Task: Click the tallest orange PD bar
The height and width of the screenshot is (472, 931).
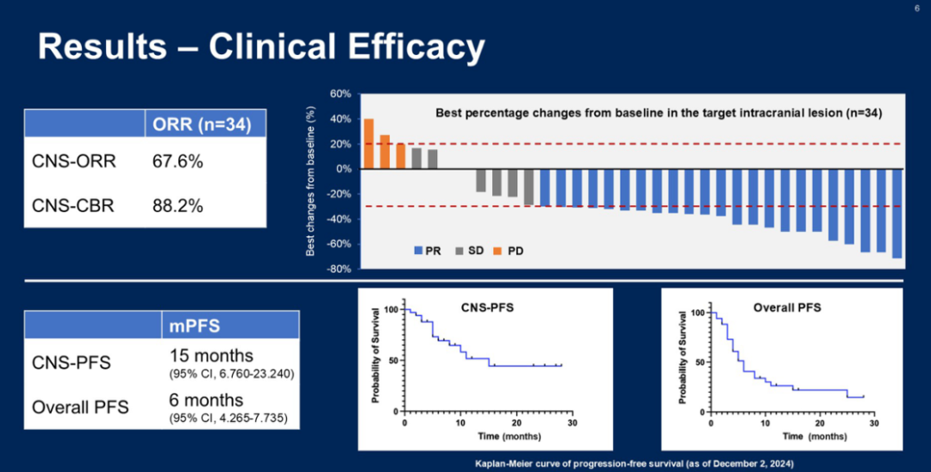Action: click(369, 144)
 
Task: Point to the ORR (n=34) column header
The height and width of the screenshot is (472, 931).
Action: click(203, 125)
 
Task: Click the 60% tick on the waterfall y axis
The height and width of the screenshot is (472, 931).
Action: click(340, 94)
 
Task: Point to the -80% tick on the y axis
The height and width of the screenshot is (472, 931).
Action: click(338, 270)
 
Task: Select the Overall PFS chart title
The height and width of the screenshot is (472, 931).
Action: click(787, 307)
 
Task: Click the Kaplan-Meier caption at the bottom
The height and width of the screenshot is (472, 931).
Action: click(635, 464)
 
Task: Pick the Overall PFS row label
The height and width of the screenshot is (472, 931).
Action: click(80, 406)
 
